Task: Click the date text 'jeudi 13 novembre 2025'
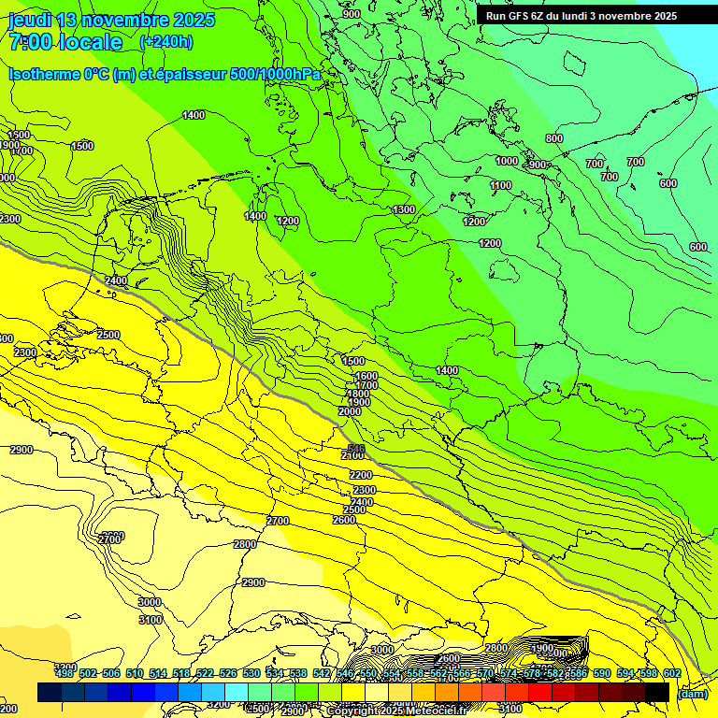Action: [x=111, y=20]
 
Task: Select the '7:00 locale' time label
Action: [x=65, y=42]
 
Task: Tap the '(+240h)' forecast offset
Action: [x=166, y=42]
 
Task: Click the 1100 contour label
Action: [x=501, y=186]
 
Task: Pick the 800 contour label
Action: [x=554, y=138]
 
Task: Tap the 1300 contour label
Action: [x=404, y=209]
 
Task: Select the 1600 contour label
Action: [x=366, y=376]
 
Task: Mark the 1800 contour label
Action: [x=358, y=394]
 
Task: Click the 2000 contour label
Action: [x=350, y=411]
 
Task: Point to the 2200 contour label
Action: [x=361, y=475]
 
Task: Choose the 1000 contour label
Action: [x=507, y=161]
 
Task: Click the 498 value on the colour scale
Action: [x=65, y=673]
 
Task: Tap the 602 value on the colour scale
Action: [x=671, y=673]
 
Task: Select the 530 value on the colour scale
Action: [x=251, y=673]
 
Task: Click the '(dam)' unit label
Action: [x=692, y=693]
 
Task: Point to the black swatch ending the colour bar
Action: [x=657, y=692]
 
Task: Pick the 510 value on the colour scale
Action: [x=135, y=673]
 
